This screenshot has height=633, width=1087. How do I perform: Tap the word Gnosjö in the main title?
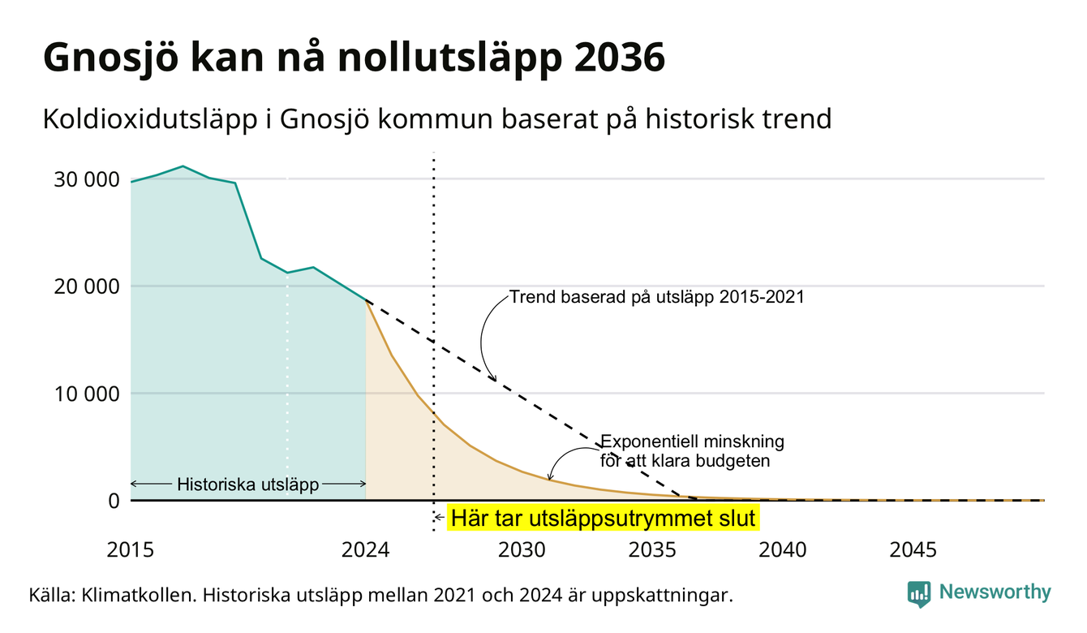[110, 58]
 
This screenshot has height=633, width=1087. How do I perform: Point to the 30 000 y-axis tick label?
[86, 179]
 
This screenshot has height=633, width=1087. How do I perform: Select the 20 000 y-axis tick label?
[86, 286]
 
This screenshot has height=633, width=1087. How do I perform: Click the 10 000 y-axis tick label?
[86, 394]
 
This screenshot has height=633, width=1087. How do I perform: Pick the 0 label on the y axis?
[114, 501]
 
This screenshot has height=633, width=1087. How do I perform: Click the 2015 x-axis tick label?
[130, 550]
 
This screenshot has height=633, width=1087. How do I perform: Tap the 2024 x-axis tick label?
[365, 550]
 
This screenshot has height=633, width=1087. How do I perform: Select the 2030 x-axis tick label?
[522, 550]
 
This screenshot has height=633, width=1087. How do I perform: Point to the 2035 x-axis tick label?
[652, 550]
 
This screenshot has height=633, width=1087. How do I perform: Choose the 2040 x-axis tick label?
[783, 550]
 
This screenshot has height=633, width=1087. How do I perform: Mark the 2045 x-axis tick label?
[913, 550]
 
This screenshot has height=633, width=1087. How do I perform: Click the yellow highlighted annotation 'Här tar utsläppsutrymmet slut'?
[604, 518]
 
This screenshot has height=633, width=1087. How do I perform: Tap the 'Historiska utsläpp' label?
[247, 484]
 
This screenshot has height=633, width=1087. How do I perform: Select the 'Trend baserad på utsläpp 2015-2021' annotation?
[656, 296]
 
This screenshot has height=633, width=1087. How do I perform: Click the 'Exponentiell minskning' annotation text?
[692, 441]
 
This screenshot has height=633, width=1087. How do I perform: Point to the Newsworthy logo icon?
[919, 594]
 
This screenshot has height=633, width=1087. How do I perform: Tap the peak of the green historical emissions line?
[183, 166]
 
